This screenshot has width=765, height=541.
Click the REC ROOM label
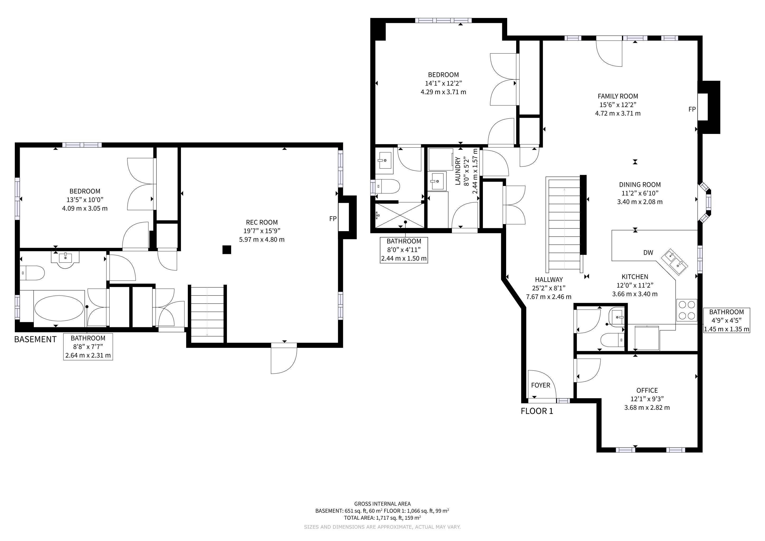click(x=262, y=222)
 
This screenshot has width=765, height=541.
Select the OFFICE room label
click(x=647, y=390)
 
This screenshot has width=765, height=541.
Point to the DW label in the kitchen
click(x=648, y=253)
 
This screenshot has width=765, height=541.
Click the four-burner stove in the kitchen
click(x=686, y=310)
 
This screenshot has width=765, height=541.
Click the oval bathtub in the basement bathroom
click(x=59, y=308)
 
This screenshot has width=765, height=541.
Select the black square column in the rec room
click(x=227, y=250)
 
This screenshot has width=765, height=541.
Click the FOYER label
click(x=540, y=385)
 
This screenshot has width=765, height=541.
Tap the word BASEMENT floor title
click(x=35, y=339)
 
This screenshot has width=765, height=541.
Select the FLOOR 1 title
click(x=537, y=411)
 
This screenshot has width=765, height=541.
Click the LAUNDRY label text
click(x=458, y=171)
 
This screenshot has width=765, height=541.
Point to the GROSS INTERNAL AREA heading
click(x=382, y=504)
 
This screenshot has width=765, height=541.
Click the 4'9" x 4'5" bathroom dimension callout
click(x=726, y=320)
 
